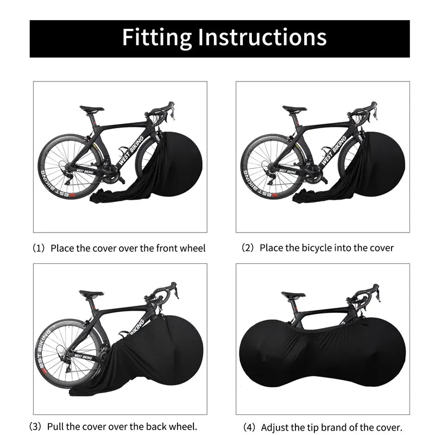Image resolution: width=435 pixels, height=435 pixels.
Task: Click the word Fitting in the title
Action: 156,37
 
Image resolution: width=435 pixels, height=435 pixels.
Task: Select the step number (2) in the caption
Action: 247,248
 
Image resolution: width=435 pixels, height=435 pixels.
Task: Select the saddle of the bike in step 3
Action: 90,294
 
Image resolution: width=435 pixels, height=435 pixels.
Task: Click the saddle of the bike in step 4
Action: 292,295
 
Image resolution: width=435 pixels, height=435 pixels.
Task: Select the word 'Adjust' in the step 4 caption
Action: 276,427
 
